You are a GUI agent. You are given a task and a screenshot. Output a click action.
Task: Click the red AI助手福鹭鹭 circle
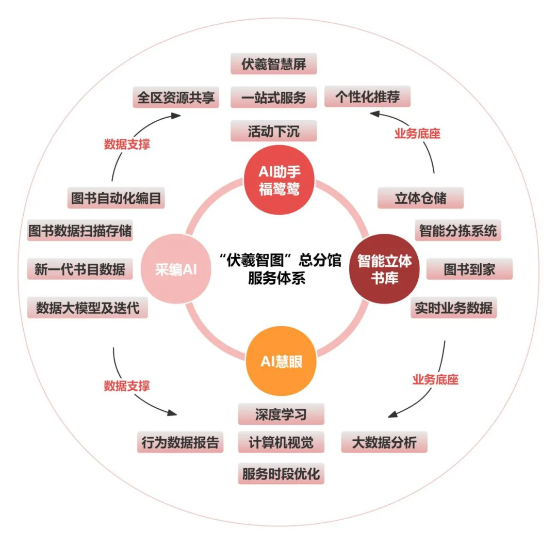pyautogui.click(x=279, y=180)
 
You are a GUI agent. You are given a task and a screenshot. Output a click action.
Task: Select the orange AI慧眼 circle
pyautogui.click(x=281, y=362)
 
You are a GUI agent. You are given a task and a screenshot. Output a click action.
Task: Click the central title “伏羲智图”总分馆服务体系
pyautogui.click(x=280, y=269)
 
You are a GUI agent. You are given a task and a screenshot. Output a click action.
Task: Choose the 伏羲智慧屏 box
pyautogui.click(x=273, y=64)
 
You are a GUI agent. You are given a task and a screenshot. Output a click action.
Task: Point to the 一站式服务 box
pyautogui.click(x=273, y=97)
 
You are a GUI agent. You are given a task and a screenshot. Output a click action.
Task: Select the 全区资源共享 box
pyautogui.click(x=176, y=97)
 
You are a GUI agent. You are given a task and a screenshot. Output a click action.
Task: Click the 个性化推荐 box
pyautogui.click(x=367, y=97)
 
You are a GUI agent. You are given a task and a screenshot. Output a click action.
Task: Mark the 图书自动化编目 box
pyautogui.click(x=116, y=198)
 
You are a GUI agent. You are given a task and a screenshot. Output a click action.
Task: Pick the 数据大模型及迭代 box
pyautogui.click(x=88, y=308)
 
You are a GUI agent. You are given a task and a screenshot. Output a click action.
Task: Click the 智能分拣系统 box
pyautogui.click(x=458, y=230)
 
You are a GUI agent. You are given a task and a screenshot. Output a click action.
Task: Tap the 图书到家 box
pyautogui.click(x=469, y=269)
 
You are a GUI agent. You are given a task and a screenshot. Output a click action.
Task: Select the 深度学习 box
pyautogui.click(x=281, y=414)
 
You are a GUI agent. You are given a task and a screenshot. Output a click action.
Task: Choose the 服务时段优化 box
pyautogui.click(x=281, y=473)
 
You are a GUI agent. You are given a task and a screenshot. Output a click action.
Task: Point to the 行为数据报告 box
pyautogui.click(x=181, y=442)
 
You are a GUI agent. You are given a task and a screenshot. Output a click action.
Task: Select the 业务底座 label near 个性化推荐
pyautogui.click(x=418, y=134)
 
